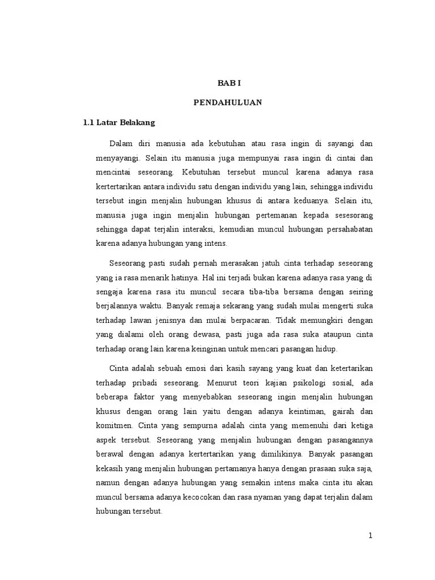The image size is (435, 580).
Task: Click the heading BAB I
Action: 229,83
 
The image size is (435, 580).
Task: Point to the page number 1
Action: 370,536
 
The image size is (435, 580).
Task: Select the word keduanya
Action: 309,201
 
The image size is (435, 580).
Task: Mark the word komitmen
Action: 113,424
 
